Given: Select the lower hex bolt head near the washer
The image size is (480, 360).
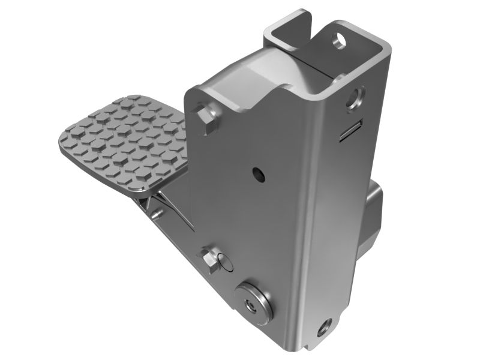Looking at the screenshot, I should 211,259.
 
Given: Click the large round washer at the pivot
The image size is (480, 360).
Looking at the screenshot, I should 254,304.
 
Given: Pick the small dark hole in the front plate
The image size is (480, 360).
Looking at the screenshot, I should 258,174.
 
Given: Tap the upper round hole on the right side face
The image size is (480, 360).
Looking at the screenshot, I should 358,97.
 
